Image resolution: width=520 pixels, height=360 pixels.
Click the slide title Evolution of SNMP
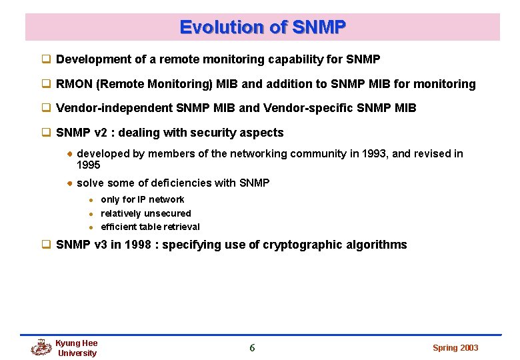pyautogui.click(x=263, y=27)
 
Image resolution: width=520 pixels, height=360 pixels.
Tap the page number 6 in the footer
pyautogui.click(x=252, y=347)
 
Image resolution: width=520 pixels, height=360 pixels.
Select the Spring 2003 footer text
pyautogui.click(x=455, y=347)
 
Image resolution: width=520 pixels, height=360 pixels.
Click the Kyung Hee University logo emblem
pyautogui.click(x=41, y=347)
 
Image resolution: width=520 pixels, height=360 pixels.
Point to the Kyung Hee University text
pyautogui.click(x=77, y=348)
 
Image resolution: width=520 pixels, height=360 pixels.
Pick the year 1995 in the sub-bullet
pyautogui.click(x=88, y=165)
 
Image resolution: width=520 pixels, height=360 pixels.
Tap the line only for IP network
pyautogui.click(x=142, y=199)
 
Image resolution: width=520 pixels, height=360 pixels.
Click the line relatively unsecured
pyautogui.click(x=145, y=213)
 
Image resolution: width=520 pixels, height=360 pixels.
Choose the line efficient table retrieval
pyautogui.click(x=150, y=227)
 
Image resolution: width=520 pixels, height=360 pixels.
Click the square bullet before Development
pyautogui.click(x=47, y=59)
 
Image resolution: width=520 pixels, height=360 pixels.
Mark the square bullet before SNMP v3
pyautogui.click(x=47, y=245)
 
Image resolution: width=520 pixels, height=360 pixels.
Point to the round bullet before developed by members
pyautogui.click(x=69, y=154)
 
